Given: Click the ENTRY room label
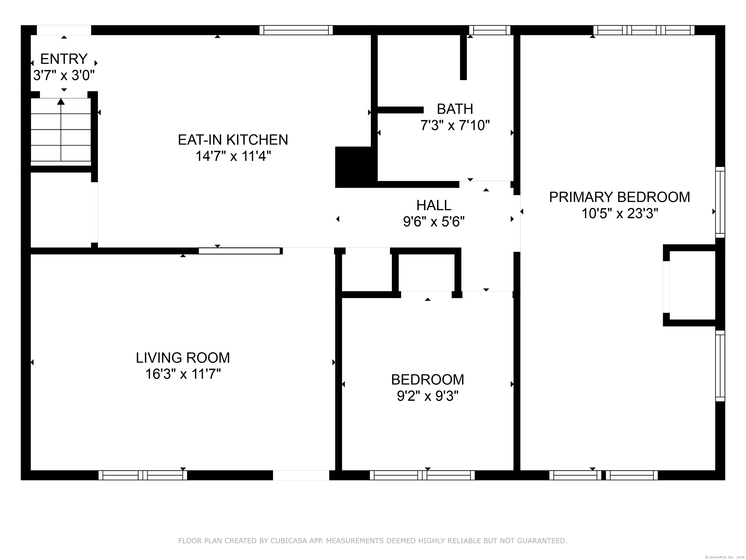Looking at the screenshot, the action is (64, 59).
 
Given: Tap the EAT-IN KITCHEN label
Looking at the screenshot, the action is (233, 140).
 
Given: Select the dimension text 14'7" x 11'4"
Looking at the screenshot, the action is (233, 156).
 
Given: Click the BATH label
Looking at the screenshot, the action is (455, 109).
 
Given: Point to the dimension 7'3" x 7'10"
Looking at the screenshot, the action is (455, 126).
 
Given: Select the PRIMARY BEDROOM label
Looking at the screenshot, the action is (619, 197).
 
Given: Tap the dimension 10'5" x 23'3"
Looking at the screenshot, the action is (620, 213).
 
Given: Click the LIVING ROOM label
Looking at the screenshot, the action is (183, 358).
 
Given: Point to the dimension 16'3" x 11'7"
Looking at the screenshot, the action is (183, 374).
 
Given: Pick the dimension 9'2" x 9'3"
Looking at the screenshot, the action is (428, 396).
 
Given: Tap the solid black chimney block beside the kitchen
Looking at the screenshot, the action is (353, 167).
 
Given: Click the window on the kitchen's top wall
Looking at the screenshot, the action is (296, 30).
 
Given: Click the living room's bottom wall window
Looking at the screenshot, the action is (143, 475).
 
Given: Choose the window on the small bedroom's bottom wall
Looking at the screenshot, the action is (422, 475).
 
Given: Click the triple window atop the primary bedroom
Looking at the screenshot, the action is (644, 30).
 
